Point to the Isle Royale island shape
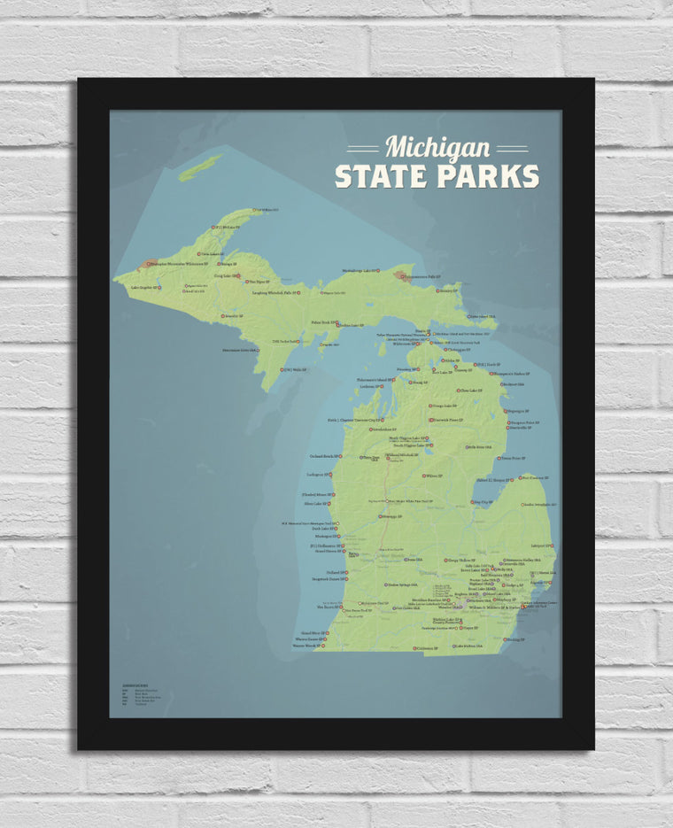(x=200, y=167)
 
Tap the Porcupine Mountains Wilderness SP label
(x=183, y=263)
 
